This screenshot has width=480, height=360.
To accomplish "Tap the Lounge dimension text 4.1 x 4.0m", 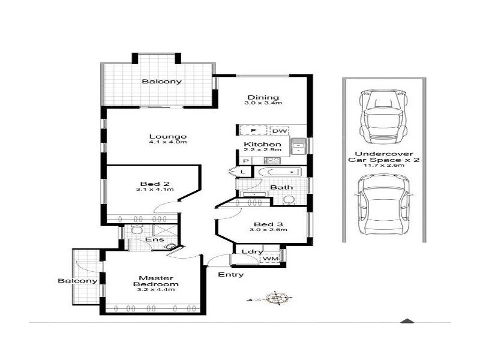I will coord(168,143).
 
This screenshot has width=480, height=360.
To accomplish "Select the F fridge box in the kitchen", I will coord(253,131).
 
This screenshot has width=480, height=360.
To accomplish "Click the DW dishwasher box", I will coord(279,131).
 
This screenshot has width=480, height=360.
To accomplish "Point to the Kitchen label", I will coord(263,145).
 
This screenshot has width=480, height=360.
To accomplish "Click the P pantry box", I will coord(246,161).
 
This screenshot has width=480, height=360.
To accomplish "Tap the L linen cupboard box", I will coord(243,172).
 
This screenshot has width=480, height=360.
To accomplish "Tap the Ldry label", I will coord(249,252).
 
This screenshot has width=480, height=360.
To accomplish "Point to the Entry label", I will coord(231,275).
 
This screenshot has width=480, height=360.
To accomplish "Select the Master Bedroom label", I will coord(156,282).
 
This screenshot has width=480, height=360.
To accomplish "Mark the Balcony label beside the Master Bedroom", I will coord(77,281).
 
